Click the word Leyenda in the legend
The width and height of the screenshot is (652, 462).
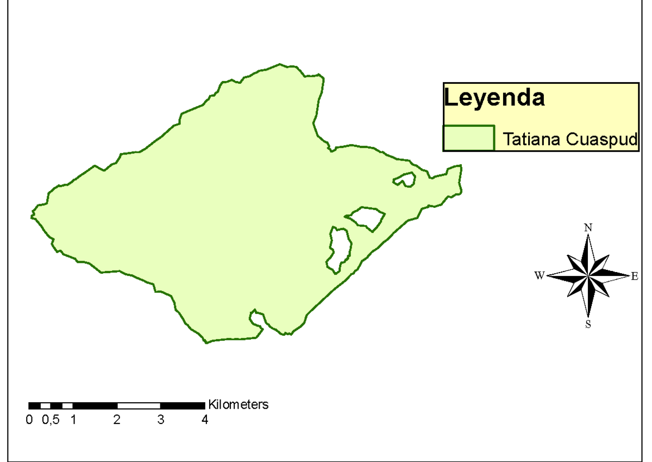494,98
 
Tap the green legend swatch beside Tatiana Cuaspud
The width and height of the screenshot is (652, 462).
468,138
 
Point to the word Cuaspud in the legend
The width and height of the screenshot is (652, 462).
601,139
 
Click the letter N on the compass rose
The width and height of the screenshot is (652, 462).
588,228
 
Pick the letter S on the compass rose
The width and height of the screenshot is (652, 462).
588,325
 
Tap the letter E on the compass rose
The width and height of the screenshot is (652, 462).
634,276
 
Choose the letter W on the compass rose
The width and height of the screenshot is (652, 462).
539,276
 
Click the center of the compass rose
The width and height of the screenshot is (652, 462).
588,276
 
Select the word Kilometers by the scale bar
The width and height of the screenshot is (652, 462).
239,405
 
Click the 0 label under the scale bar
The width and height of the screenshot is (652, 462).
29,420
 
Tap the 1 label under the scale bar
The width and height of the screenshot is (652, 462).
73,420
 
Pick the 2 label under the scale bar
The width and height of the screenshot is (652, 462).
117,420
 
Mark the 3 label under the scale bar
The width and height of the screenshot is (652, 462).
161,420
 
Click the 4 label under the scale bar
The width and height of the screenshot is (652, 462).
205,420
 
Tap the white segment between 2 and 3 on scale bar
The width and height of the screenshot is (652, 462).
139,405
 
